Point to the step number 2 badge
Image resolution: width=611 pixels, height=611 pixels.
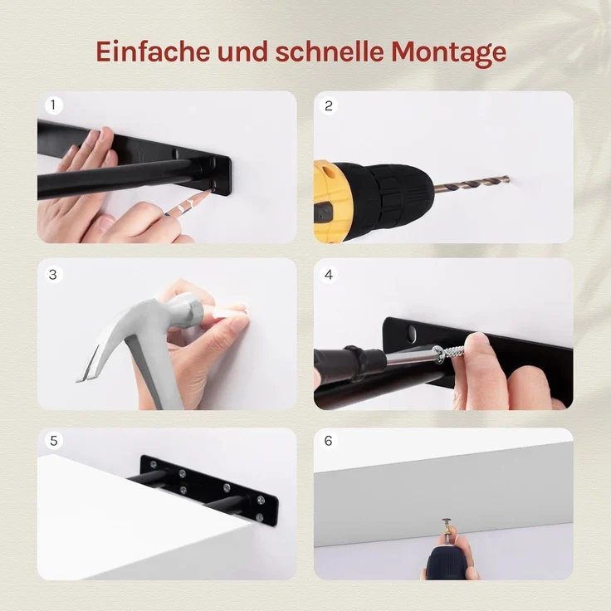329,105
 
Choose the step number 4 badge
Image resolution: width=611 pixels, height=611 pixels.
329,274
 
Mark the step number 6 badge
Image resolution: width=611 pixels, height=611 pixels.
329,441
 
